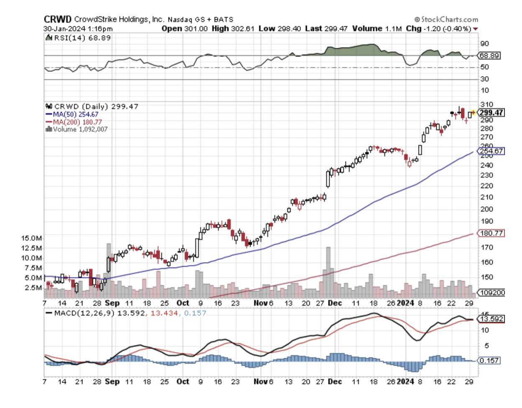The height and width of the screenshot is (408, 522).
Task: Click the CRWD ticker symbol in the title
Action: [58, 19]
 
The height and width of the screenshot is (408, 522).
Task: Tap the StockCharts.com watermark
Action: [446, 19]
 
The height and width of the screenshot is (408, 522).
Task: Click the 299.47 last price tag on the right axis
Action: [491, 113]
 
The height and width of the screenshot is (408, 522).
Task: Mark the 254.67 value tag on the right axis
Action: [491, 151]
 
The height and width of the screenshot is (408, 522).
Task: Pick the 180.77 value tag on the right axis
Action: [491, 233]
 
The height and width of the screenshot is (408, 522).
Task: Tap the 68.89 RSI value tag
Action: [489, 55]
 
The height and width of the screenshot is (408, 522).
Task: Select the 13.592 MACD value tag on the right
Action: [491, 319]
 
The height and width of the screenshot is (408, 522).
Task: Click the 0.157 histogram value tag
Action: [489, 360]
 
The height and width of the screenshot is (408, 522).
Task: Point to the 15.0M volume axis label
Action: [32, 238]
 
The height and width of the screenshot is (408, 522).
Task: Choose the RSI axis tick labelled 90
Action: [484, 43]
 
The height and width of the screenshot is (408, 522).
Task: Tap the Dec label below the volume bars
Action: [335, 303]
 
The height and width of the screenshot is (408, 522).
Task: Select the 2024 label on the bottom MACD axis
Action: [405, 381]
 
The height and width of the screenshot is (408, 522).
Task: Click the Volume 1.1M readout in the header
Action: [377, 28]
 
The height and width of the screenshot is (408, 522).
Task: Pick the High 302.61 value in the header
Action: [233, 28]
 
